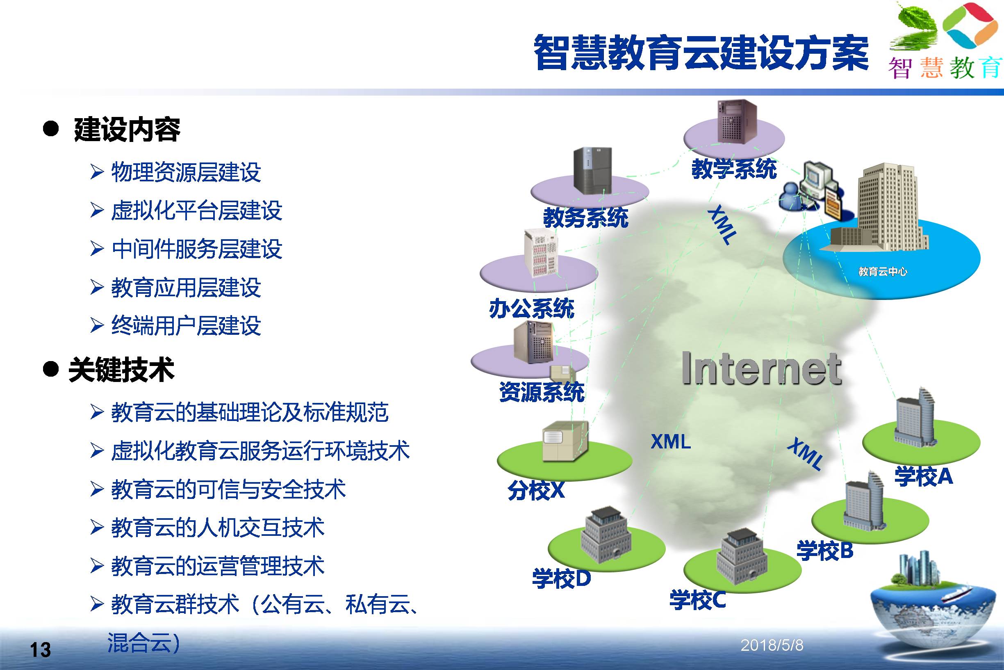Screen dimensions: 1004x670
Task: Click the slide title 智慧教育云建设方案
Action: click(701, 53)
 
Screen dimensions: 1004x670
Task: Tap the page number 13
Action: click(40, 650)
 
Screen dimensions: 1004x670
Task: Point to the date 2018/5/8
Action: click(772, 645)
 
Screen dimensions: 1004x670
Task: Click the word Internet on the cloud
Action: click(761, 368)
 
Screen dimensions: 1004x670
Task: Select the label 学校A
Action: click(923, 476)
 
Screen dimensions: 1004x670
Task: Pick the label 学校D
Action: click(561, 579)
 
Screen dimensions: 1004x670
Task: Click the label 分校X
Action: click(536, 490)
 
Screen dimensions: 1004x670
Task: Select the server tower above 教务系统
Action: click(592, 171)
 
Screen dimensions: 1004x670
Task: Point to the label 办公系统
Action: click(531, 309)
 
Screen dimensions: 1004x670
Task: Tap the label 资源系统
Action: click(542, 392)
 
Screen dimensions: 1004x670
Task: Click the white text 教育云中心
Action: click(883, 271)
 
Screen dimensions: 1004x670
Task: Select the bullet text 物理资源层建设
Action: click(186, 172)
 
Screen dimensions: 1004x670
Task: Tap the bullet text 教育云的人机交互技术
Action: click(218, 527)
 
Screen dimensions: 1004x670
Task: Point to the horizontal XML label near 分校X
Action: click(671, 441)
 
